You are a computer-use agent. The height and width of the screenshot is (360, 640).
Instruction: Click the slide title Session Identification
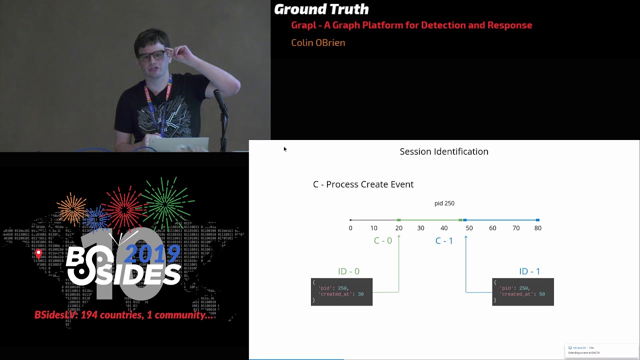[x=444, y=151]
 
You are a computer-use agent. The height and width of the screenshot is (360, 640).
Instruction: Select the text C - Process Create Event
[x=363, y=184]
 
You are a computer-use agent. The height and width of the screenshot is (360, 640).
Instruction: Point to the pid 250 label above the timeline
[x=444, y=203]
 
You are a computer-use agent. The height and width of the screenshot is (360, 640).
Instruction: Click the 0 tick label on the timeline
[x=350, y=228]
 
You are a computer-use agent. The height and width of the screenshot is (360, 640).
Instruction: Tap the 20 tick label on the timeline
[x=398, y=228]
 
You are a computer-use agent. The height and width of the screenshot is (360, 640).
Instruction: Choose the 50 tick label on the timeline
[x=469, y=228]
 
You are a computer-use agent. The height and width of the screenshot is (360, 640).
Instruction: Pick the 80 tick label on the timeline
[x=537, y=228]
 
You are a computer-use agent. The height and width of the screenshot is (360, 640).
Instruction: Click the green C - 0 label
[x=383, y=240]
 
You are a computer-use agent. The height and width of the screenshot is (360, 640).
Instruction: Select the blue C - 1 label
[x=444, y=241]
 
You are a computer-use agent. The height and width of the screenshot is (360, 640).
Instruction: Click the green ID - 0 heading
[x=348, y=271]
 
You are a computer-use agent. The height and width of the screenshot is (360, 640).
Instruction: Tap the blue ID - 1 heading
[x=529, y=271]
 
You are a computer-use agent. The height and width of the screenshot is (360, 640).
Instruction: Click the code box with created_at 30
[x=341, y=291]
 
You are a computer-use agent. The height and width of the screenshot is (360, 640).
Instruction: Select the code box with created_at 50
[x=522, y=291]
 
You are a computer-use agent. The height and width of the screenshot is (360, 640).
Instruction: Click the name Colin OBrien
[x=318, y=43]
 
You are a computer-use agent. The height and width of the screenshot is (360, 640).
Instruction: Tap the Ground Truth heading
[x=321, y=9]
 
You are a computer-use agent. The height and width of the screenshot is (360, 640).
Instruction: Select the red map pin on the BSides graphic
[x=38, y=254]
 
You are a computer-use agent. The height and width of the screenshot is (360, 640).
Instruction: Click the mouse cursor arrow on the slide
[x=284, y=148]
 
